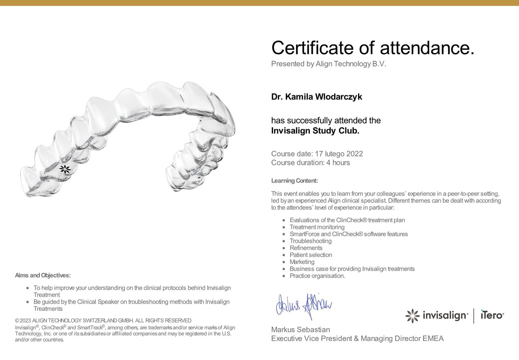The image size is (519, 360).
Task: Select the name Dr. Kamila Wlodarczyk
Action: click(x=317, y=97)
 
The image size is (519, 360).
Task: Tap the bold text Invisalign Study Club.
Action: click(x=315, y=131)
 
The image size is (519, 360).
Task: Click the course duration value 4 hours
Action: click(x=338, y=163)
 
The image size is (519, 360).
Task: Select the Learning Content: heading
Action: click(x=294, y=181)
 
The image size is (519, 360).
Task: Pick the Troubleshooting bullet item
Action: click(x=311, y=241)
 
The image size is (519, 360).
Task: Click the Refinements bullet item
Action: click(x=306, y=248)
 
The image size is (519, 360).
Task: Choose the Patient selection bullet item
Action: click(x=311, y=255)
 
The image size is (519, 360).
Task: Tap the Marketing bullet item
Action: click(x=302, y=262)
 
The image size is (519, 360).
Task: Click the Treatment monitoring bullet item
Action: click(x=317, y=227)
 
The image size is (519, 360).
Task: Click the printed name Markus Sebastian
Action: click(x=300, y=330)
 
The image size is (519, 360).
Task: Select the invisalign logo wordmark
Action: click(x=445, y=315)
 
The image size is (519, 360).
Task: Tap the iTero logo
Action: click(x=492, y=315)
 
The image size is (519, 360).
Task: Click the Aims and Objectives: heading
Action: click(x=43, y=276)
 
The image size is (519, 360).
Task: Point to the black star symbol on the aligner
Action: click(x=65, y=169)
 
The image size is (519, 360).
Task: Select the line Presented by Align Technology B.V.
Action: click(x=328, y=64)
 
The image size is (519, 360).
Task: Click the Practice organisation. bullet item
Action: click(x=317, y=276)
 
